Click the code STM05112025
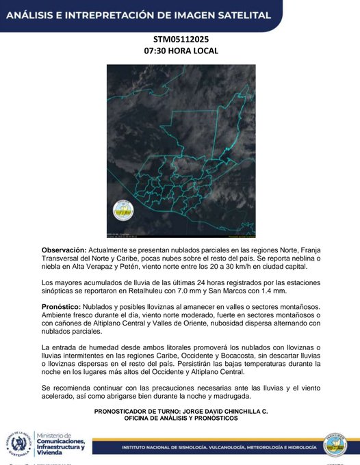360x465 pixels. coord(181,40)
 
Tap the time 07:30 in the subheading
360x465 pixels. coord(157,51)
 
